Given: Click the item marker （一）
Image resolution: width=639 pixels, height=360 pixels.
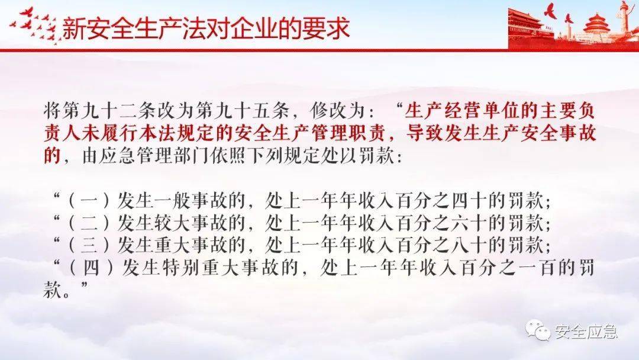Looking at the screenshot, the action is coord(89,201).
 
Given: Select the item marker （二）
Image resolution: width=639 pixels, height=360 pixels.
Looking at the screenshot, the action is coord(89,223).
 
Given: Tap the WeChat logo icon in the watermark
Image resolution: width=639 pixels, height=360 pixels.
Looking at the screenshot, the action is coord(537,330).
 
